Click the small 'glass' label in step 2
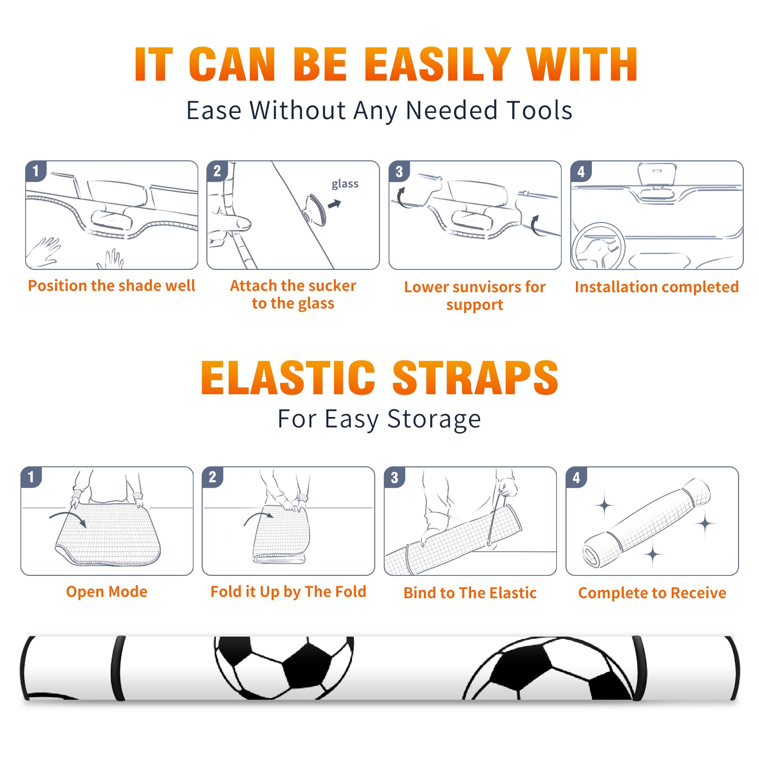pyautogui.click(x=345, y=184)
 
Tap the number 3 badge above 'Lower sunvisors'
pyautogui.click(x=399, y=171)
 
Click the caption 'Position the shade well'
pyautogui.click(x=111, y=286)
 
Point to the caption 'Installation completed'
pyautogui.click(x=657, y=287)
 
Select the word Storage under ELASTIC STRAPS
pyautogui.click(x=434, y=419)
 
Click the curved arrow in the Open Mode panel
pyautogui.click(x=68, y=518)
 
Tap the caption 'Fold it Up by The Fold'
pyautogui.click(x=288, y=592)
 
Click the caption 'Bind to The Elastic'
pyautogui.click(x=470, y=593)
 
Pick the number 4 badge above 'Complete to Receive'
pyautogui.click(x=576, y=477)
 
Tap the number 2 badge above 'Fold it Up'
pyautogui.click(x=213, y=477)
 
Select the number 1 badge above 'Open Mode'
pyautogui.click(x=31, y=477)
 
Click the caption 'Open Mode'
pyautogui.click(x=107, y=592)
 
